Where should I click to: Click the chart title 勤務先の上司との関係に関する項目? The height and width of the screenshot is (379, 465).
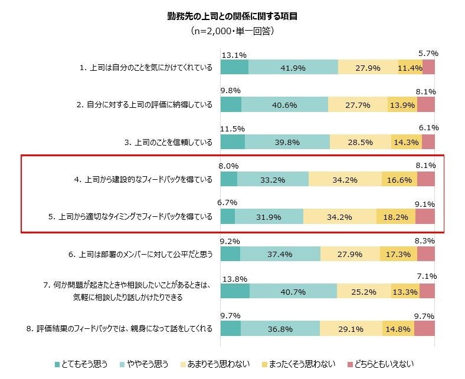click(232, 17)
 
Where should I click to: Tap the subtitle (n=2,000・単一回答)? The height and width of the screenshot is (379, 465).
click(232, 31)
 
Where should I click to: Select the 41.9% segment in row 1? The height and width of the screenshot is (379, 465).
click(293, 68)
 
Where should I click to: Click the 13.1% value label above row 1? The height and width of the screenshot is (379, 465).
click(234, 55)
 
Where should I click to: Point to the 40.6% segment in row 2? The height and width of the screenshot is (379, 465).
click(284, 105)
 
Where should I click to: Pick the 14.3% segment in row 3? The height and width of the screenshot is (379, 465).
click(406, 142)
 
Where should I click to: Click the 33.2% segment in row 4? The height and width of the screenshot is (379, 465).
click(273, 180)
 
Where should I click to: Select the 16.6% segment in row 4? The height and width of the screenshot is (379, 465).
click(399, 180)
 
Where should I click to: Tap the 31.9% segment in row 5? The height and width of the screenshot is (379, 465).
click(269, 217)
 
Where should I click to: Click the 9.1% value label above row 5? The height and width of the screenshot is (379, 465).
click(425, 204)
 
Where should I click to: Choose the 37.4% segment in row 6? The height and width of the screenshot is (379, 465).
click(280, 254)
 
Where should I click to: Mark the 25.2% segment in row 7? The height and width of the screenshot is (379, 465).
click(364, 291)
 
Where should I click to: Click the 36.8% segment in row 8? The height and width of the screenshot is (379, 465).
click(280, 328)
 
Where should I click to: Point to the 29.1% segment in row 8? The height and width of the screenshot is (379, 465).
click(351, 328)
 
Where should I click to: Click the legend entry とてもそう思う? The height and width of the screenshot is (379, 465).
click(83, 364)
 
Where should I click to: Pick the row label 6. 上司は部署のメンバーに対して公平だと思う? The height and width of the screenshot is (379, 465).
click(140, 254)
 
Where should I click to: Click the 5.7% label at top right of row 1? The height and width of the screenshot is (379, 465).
click(428, 54)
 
